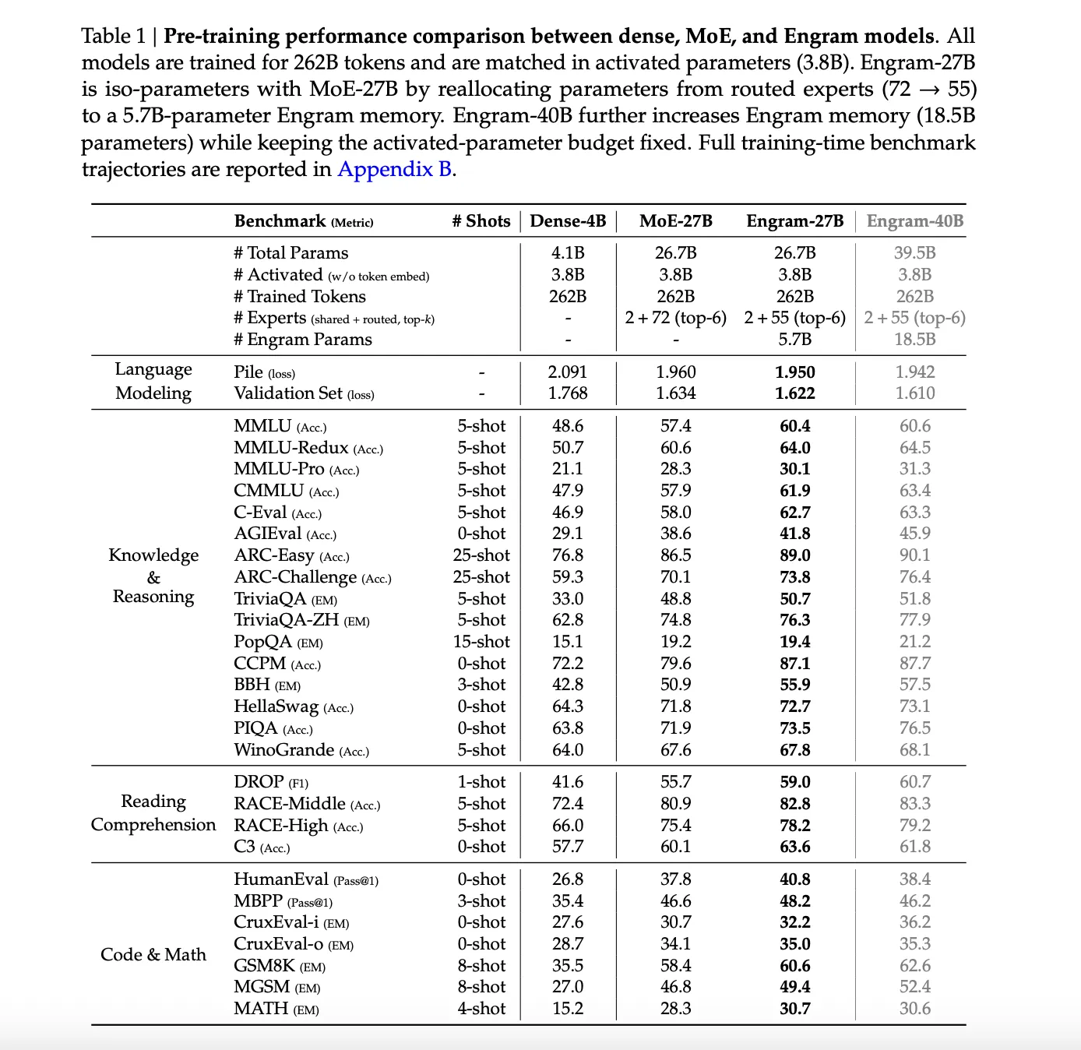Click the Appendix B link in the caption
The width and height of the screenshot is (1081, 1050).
click(394, 169)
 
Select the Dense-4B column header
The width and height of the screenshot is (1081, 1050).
click(568, 221)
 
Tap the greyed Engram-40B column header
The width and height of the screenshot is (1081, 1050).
click(914, 221)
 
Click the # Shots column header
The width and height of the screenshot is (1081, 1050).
click(481, 221)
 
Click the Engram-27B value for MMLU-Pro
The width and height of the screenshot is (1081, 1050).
click(794, 469)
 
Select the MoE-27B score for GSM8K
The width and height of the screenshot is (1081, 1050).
click(675, 966)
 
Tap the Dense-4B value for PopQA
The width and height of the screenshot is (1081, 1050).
click(568, 642)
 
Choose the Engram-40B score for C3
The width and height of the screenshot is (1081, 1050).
click(914, 847)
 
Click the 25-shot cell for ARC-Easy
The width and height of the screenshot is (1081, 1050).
click(481, 555)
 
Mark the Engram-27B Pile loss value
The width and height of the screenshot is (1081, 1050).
click(794, 372)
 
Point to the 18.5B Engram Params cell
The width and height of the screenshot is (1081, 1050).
click(914, 340)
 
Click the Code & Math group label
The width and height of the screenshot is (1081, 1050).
click(153, 955)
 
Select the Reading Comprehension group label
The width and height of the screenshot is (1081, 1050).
click(153, 813)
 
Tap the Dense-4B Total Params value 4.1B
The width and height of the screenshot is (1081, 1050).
click(568, 253)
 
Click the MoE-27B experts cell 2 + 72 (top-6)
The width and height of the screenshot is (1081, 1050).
click(675, 318)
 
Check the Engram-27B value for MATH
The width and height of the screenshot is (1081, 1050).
click(794, 1009)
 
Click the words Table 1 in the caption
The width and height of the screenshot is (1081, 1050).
click(114, 36)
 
